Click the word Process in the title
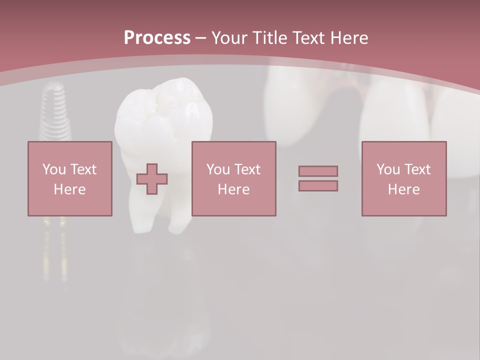[x=157, y=38]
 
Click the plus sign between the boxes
[x=152, y=179]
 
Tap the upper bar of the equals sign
[x=318, y=171]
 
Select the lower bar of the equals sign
[x=318, y=186]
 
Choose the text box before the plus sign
[x=69, y=178]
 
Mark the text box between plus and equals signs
[x=233, y=178]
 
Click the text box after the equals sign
[x=403, y=178]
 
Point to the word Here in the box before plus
[x=69, y=189]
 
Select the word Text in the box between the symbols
[x=247, y=169]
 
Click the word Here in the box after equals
[x=403, y=189]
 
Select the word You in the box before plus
[x=53, y=169]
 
